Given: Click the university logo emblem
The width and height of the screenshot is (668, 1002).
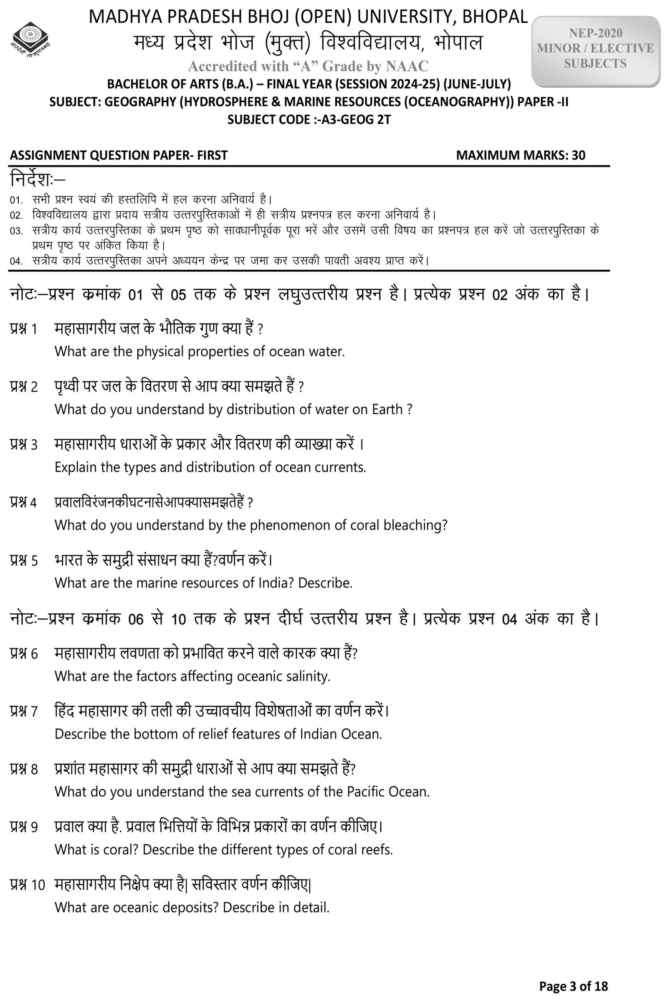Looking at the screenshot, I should tap(30, 40).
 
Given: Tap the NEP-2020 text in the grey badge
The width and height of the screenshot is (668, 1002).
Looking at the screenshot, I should tap(595, 33).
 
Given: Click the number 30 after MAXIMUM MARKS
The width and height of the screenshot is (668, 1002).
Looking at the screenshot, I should tap(578, 155).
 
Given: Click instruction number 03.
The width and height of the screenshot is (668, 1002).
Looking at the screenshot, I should tap(16, 231).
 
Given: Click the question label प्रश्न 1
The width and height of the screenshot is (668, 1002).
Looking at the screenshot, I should tap(24, 329).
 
